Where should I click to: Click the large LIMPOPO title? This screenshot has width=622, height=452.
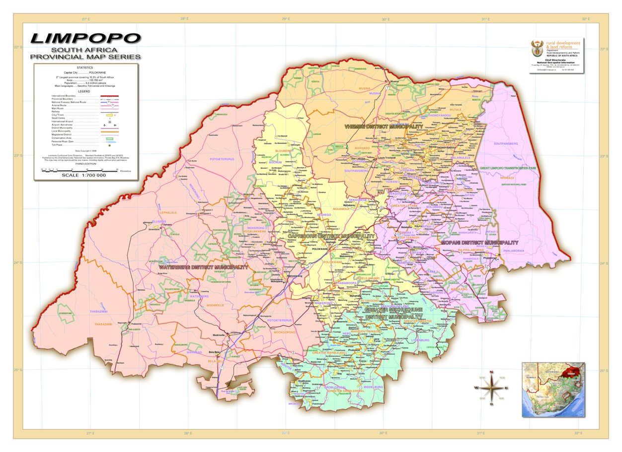(85, 38)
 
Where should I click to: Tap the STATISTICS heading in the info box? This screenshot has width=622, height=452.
(84, 67)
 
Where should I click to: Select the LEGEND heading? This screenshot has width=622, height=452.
(84, 91)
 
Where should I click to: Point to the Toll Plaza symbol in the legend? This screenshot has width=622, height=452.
(109, 145)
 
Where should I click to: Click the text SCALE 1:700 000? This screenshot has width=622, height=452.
(83, 175)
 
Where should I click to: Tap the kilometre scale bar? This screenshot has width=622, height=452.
(79, 170)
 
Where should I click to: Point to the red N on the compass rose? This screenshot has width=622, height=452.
(491, 372)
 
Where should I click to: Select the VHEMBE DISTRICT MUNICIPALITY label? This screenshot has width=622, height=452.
(384, 127)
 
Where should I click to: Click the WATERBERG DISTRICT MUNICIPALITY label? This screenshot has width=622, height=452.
(203, 267)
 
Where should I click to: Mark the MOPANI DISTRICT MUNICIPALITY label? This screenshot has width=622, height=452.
(479, 243)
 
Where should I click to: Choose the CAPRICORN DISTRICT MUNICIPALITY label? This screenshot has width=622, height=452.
(331, 236)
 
